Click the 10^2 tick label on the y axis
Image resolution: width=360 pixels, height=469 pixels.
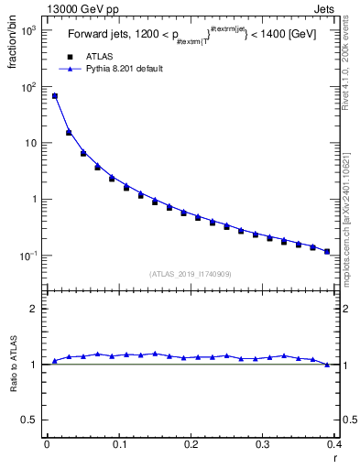[27, 87]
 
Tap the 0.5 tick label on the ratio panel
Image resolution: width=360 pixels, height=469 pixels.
[29, 420]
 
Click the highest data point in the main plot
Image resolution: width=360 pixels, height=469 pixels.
[55, 95]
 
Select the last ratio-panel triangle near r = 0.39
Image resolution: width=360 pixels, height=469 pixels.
[327, 365]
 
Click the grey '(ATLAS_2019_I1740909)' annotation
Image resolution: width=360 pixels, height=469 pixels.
[191, 274]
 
